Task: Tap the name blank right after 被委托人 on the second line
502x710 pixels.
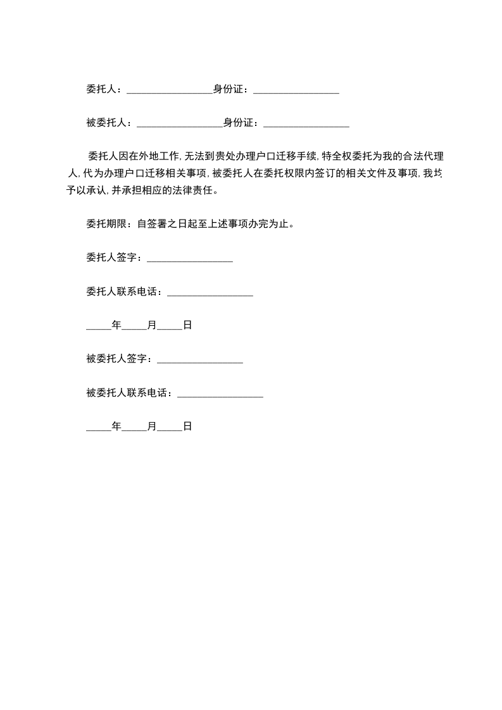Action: coord(180,124)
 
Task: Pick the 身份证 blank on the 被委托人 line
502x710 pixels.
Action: coord(306,124)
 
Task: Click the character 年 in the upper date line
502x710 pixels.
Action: coord(116,325)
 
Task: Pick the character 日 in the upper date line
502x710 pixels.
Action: coord(187,325)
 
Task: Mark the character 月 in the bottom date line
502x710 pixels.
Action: coord(152,427)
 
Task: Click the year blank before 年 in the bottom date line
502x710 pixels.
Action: coord(98,428)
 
